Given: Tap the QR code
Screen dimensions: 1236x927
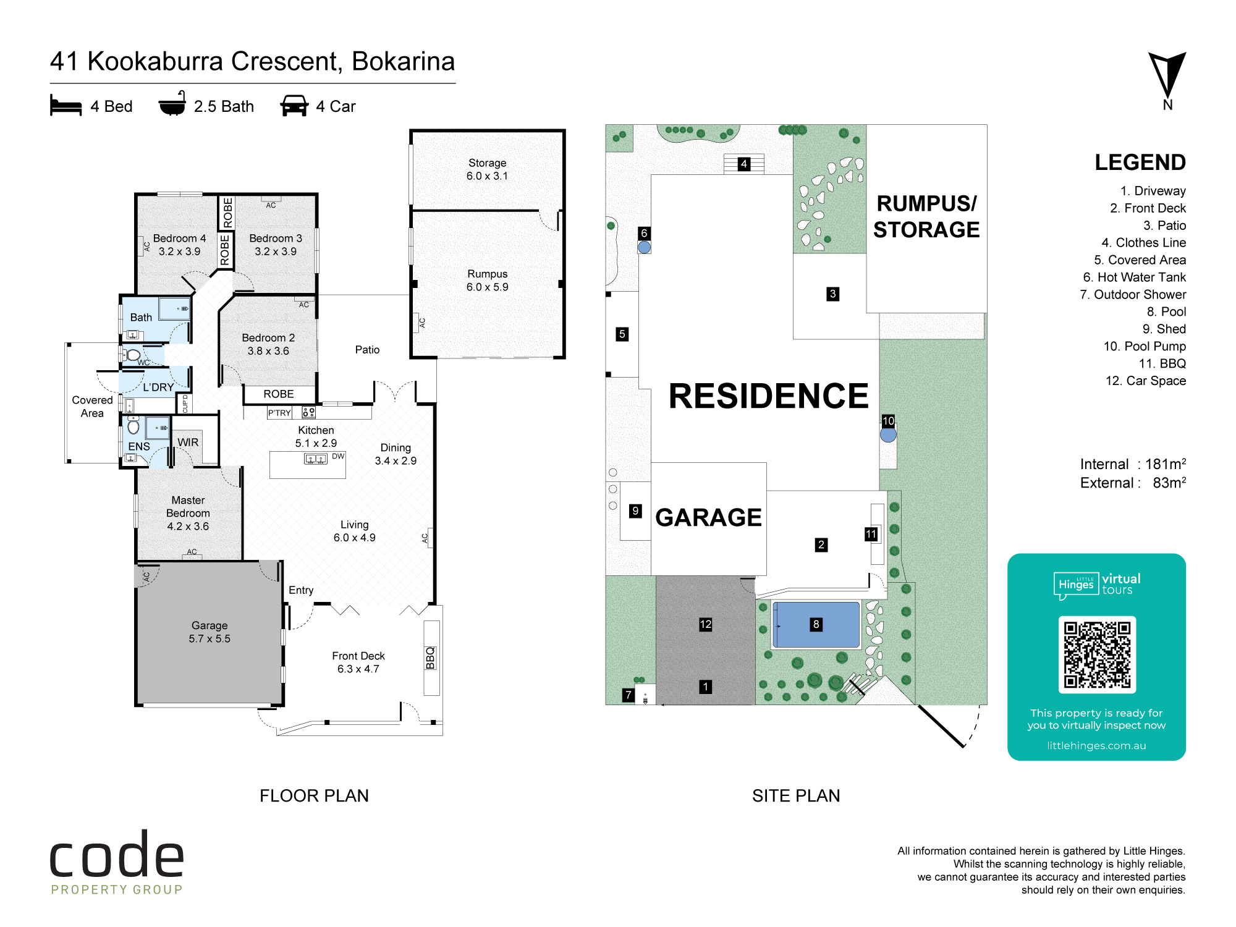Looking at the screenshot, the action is click(1097, 654).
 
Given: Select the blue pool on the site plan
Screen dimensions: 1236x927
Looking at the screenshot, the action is click(816, 625).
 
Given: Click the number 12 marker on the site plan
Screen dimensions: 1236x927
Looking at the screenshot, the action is click(706, 624).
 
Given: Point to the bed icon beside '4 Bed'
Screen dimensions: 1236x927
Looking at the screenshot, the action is click(66, 105).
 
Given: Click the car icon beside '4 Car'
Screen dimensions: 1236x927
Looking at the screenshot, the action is click(294, 106).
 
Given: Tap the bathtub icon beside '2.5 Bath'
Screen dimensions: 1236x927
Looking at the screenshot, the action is click(172, 103).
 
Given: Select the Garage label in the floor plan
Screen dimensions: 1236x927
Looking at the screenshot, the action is click(210, 625).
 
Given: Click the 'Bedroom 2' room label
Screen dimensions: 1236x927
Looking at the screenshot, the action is click(268, 338).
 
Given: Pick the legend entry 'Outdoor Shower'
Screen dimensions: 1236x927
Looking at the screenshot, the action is click(1133, 295).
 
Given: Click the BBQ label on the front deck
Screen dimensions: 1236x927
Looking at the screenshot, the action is click(431, 658).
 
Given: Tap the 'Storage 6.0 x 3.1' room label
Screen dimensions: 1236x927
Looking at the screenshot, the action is click(487, 169).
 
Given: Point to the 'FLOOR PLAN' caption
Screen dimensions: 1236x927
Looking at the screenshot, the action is click(314, 795).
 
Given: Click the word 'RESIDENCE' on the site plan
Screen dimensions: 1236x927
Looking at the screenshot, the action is click(768, 396).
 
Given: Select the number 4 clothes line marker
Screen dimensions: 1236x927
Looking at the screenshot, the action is click(744, 164).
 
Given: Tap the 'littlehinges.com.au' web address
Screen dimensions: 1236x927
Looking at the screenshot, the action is click(1096, 745).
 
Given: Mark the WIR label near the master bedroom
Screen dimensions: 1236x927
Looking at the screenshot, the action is click(188, 442).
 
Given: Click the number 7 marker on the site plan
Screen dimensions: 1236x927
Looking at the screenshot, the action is click(629, 695).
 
